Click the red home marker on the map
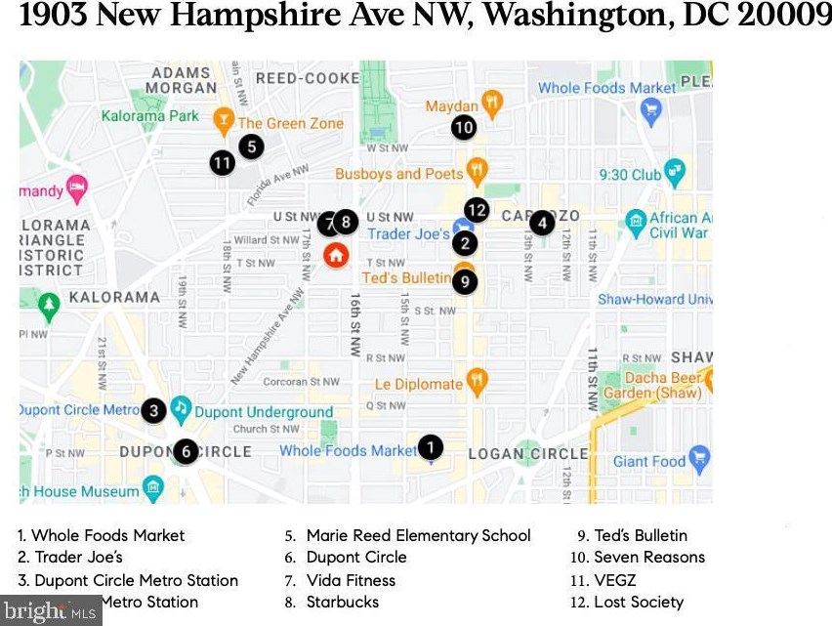point(335,256)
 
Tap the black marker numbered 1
point(430,447)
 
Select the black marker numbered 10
point(464,127)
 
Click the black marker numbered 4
point(542,223)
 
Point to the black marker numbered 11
point(223,162)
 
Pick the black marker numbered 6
point(186,451)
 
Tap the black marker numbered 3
point(152,410)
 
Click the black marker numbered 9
point(465,282)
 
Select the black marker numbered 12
point(477,209)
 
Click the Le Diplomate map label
point(418,384)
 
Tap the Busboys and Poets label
point(398,174)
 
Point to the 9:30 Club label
point(630,175)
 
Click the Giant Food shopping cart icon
point(699,458)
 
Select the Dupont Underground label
point(263,412)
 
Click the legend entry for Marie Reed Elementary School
point(418,535)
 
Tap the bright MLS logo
point(50,611)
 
